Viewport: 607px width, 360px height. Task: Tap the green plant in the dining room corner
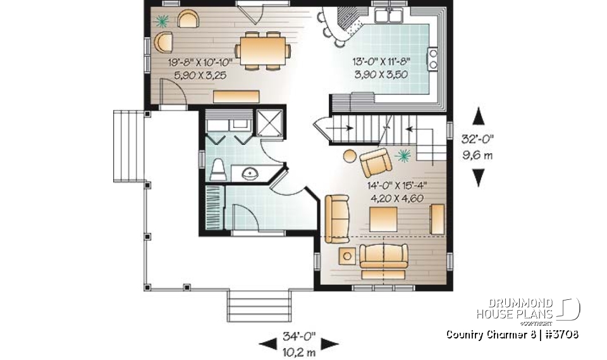tap(162, 21)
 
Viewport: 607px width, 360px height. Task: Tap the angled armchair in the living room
tap(376, 163)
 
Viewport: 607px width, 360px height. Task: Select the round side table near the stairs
tap(349, 154)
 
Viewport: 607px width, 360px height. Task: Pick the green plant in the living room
tap(403, 154)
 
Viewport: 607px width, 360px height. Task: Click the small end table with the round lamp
tap(347, 256)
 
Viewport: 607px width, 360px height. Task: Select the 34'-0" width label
tap(299, 335)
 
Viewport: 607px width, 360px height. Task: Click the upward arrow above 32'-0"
tap(479, 117)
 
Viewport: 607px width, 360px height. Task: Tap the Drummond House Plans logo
tap(528, 309)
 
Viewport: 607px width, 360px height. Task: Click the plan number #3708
tap(558, 334)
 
